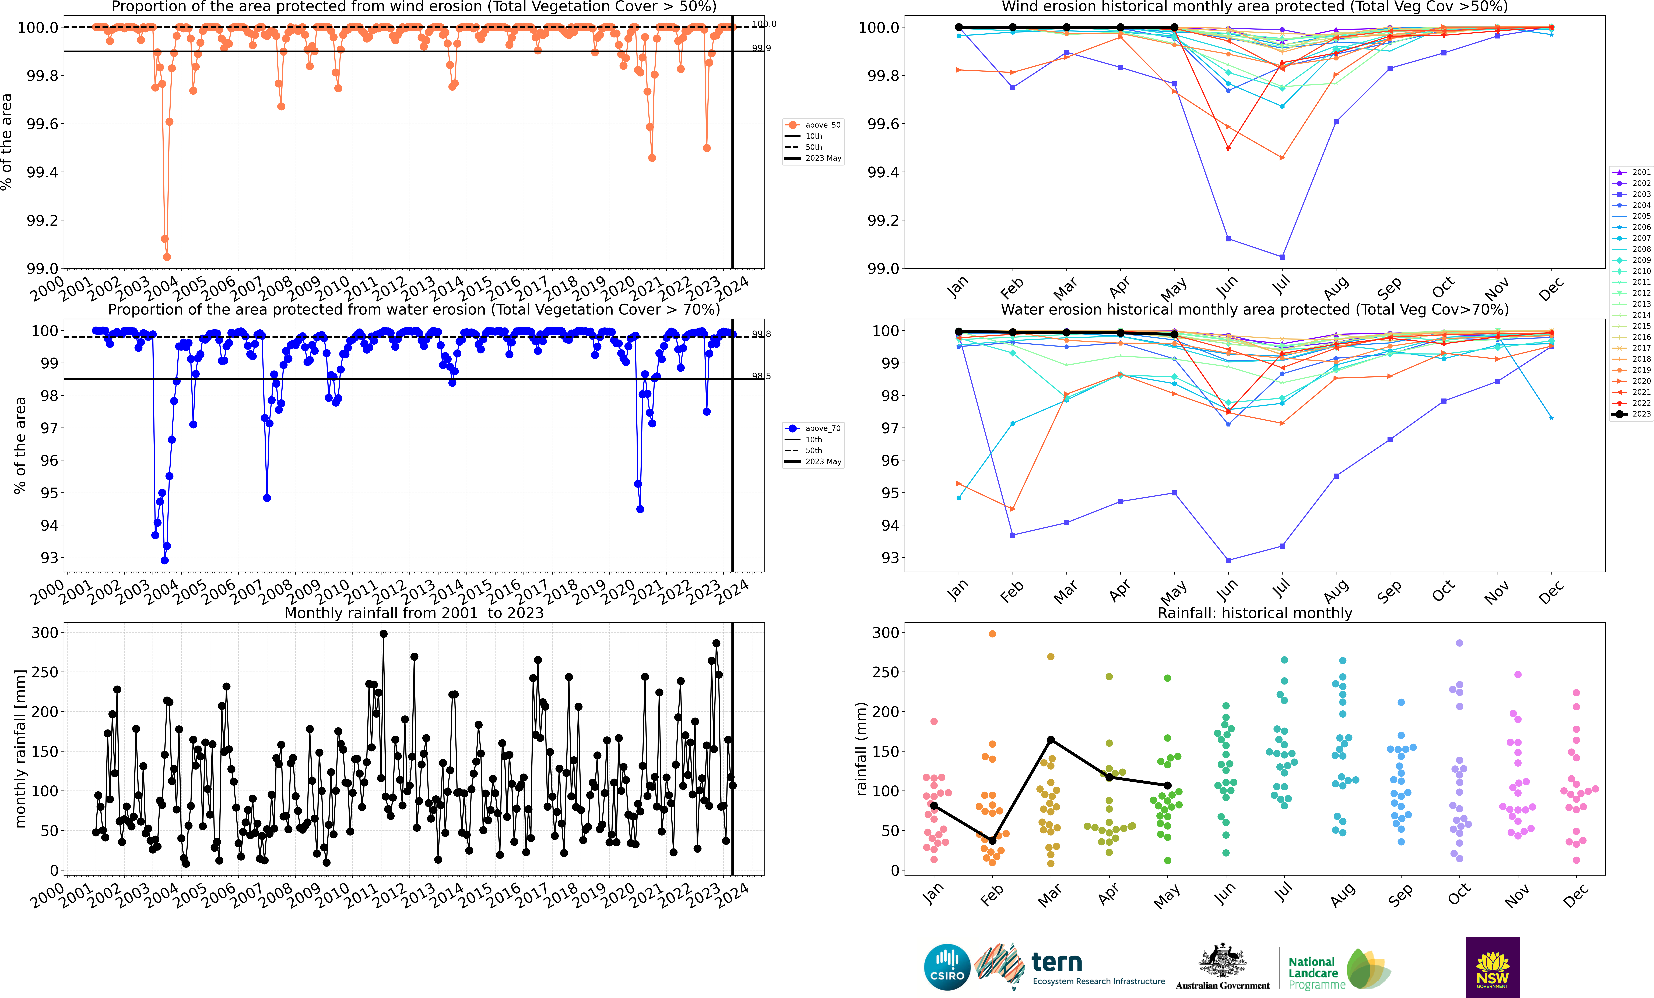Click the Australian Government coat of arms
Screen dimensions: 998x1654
pyautogui.click(x=1222, y=961)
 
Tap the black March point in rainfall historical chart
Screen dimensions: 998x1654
pyautogui.click(x=1051, y=740)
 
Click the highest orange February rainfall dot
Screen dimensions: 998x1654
pyautogui.click(x=992, y=634)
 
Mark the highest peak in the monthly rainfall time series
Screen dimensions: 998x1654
pyautogui.click(x=383, y=634)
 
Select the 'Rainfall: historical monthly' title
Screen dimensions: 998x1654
pyautogui.click(x=1255, y=613)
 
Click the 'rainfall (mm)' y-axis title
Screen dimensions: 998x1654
pyautogui.click(x=861, y=748)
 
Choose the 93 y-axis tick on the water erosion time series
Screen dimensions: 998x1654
pyautogui.click(x=50, y=558)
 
